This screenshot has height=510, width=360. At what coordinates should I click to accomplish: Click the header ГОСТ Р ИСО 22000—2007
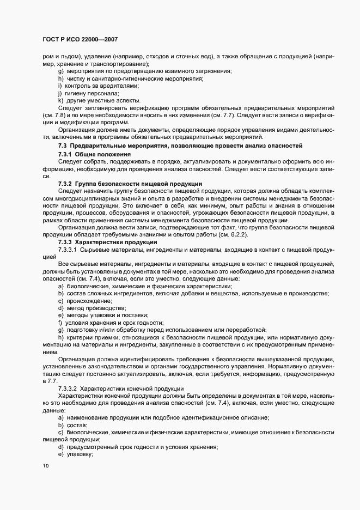(80, 39)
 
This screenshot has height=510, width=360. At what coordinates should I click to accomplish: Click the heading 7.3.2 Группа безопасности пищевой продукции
(130, 184)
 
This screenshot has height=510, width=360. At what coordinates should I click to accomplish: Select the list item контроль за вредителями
(102, 86)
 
